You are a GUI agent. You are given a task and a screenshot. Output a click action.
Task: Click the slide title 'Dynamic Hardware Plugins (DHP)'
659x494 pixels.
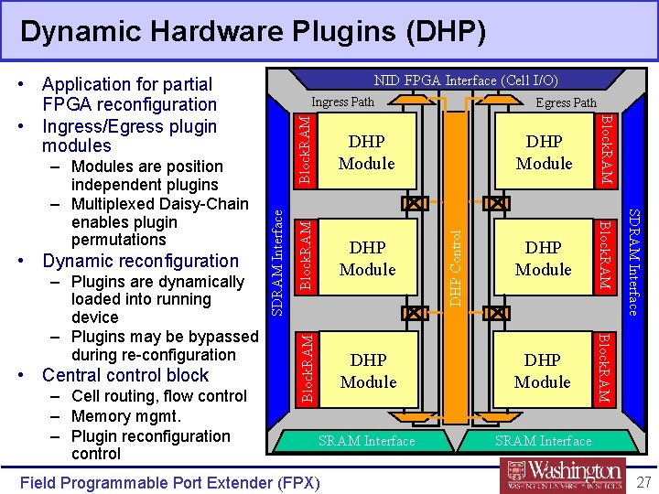coord(253,32)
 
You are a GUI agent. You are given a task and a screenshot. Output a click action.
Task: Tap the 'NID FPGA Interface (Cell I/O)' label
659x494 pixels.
coord(466,81)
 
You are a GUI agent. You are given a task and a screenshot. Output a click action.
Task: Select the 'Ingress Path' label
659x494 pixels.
coord(342,102)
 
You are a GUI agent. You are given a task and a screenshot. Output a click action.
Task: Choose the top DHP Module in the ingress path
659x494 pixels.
coord(366,153)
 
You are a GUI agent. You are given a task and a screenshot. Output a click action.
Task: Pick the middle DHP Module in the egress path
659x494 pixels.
coord(543,258)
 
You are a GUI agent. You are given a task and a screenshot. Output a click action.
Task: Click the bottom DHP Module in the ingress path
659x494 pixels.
coord(368,370)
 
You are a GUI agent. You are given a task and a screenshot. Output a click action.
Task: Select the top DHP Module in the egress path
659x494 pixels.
coord(544,153)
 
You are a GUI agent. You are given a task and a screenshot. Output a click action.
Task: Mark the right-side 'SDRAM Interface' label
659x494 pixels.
coord(632,261)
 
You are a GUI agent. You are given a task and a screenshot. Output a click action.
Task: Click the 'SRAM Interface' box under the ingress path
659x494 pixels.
coord(366,441)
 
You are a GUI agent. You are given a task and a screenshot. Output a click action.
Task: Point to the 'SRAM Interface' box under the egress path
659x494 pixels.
coord(543,441)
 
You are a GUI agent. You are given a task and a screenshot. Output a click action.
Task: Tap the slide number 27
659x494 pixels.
coord(643,481)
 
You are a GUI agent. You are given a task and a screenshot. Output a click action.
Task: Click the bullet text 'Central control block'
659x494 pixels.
coord(125,375)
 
